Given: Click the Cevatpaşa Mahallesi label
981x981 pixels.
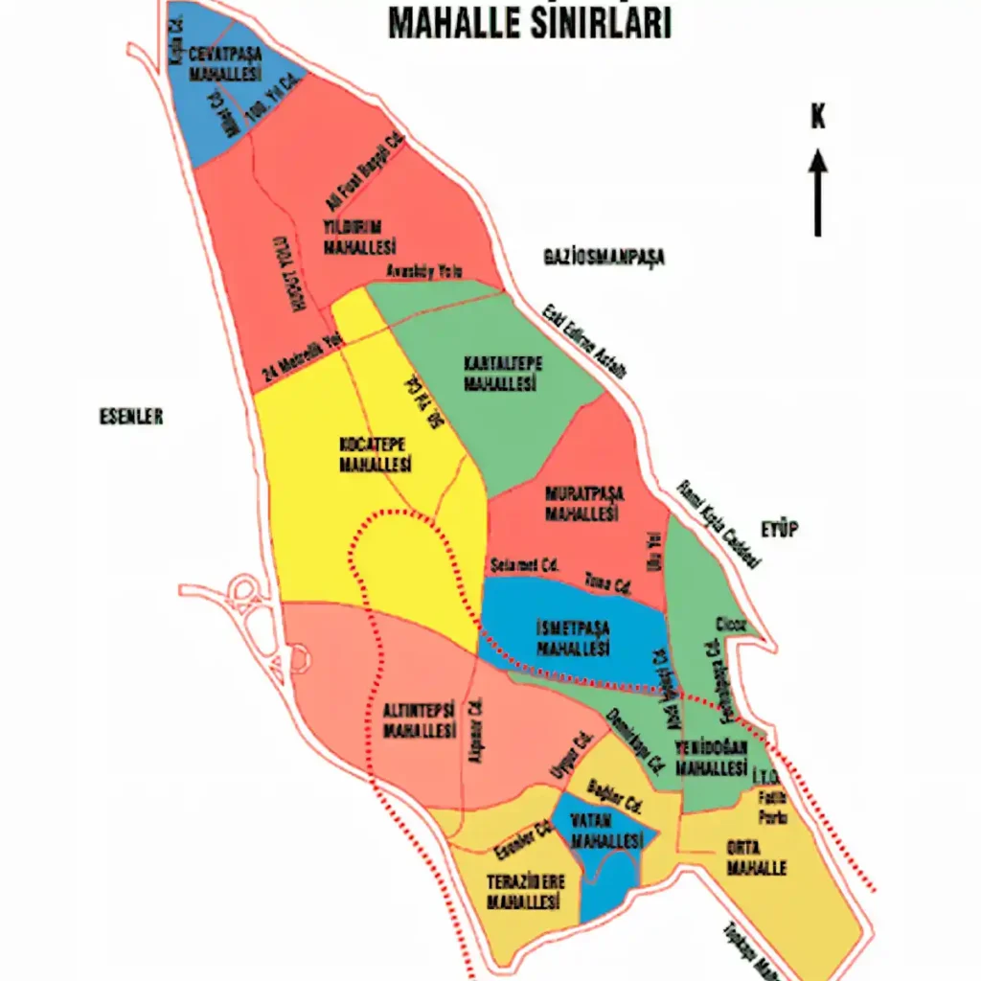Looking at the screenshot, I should [x=225, y=63].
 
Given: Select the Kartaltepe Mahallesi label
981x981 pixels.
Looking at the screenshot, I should [x=502, y=373].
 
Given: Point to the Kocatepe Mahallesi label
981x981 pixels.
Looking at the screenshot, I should [x=376, y=455].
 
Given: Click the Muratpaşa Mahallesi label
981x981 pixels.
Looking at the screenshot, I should [x=584, y=504].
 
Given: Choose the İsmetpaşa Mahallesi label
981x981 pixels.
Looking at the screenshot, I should [x=572, y=637].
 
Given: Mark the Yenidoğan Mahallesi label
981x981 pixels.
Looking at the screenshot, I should [x=710, y=759].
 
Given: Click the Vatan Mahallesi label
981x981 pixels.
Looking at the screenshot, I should [x=605, y=831].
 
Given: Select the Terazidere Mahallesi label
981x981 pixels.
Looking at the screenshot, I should [x=525, y=892].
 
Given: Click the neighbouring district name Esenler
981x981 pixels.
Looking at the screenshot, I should [x=131, y=417].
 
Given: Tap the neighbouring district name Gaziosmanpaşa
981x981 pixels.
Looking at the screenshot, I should [x=604, y=257].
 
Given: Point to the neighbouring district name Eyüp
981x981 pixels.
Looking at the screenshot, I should [x=780, y=530].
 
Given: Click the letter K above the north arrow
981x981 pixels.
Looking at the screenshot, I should [x=817, y=117].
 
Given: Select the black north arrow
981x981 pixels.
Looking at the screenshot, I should [x=818, y=192].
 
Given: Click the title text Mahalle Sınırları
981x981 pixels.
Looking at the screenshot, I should [x=530, y=24].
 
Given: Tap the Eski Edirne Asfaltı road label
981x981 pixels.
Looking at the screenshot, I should [x=584, y=340].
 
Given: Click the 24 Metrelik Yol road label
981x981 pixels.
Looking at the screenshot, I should [x=303, y=357].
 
